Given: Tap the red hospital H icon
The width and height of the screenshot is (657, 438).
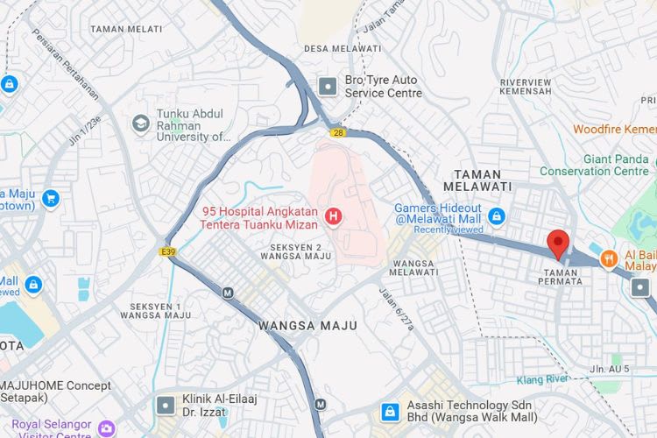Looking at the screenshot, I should pos(333,215).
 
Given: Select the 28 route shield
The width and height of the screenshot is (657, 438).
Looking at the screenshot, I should pos(338,132).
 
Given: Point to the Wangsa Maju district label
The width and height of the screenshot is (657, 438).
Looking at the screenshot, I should pos(307,325).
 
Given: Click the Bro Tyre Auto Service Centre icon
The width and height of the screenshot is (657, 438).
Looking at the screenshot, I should pos(328,86).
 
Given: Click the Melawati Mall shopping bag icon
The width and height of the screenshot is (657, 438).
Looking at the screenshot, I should pos(497,215).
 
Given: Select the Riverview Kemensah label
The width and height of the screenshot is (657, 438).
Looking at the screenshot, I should pos(526,86).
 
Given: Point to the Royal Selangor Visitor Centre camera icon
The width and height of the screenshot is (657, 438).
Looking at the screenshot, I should pos(106,429).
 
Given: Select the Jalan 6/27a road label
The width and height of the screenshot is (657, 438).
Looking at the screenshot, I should pos(396,307).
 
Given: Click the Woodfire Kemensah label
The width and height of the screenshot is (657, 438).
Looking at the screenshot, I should pos(614,129).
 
